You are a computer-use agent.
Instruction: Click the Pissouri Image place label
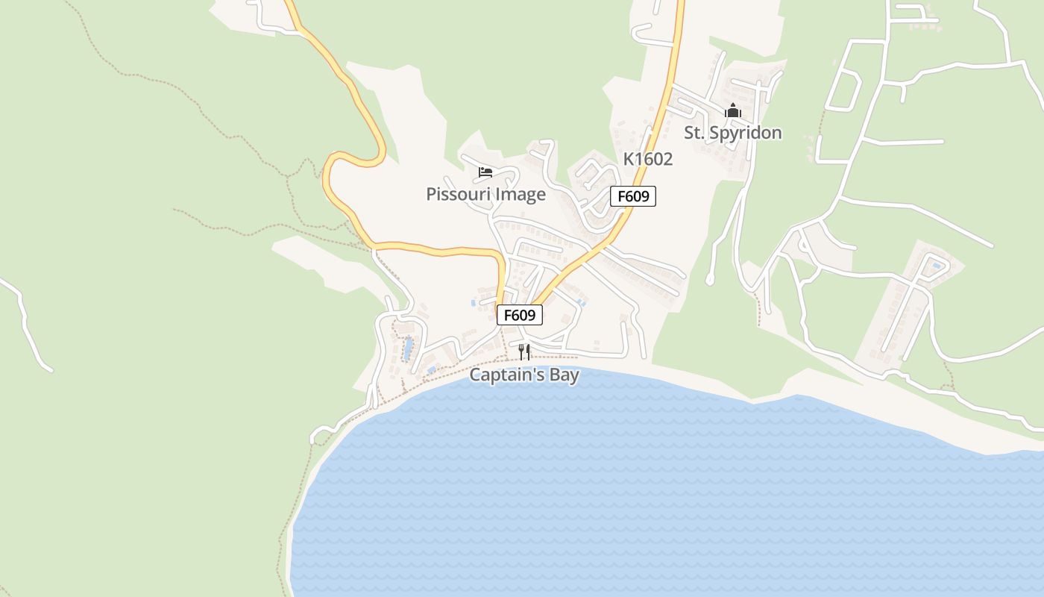pyautogui.click(x=485, y=195)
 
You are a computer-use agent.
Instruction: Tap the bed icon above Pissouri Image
pyautogui.click(x=485, y=173)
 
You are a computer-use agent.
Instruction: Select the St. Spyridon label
pyautogui.click(x=733, y=133)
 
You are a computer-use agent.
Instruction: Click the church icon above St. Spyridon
pyautogui.click(x=733, y=111)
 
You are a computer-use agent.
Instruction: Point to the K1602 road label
pyautogui.click(x=648, y=159)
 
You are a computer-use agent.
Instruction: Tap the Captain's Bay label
pyautogui.click(x=523, y=375)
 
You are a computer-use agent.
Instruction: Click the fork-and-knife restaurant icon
pyautogui.click(x=524, y=351)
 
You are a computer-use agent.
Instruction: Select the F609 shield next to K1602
pyautogui.click(x=633, y=197)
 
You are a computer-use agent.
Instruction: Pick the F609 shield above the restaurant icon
pyautogui.click(x=520, y=315)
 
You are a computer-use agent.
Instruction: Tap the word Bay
pyautogui.click(x=565, y=375)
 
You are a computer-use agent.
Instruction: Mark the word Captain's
pyautogui.click(x=507, y=375)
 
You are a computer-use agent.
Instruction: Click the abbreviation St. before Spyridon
pyautogui.click(x=695, y=133)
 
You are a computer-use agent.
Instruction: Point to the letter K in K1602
pyautogui.click(x=629, y=159)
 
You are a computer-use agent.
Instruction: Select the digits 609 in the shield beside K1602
pyautogui.click(x=638, y=197)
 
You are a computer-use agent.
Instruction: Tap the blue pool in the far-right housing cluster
pyautogui.click(x=936, y=265)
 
